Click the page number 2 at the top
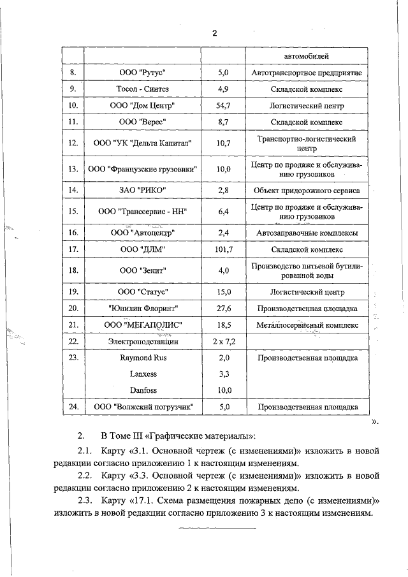click(x=215, y=33)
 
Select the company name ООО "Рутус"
click(x=142, y=73)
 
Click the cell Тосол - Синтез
click(x=142, y=89)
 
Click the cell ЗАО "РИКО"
click(x=142, y=190)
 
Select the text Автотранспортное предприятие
click(x=307, y=73)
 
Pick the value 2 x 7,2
click(x=222, y=342)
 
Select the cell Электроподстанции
click(x=142, y=342)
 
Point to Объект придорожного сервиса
click(x=307, y=190)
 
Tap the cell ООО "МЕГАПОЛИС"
click(x=142, y=325)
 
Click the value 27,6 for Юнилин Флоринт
click(x=222, y=309)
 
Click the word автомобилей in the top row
click(x=307, y=57)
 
